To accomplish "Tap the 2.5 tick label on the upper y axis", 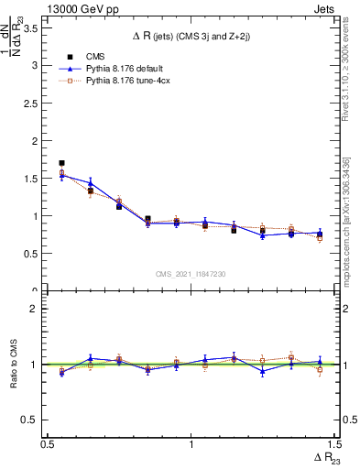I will [35, 103].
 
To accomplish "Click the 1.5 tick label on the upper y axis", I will [35, 179].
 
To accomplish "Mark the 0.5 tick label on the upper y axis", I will [35, 254].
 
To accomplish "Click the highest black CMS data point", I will [61, 163].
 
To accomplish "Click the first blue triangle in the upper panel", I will [61, 175].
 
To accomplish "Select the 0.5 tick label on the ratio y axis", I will [35, 420].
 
